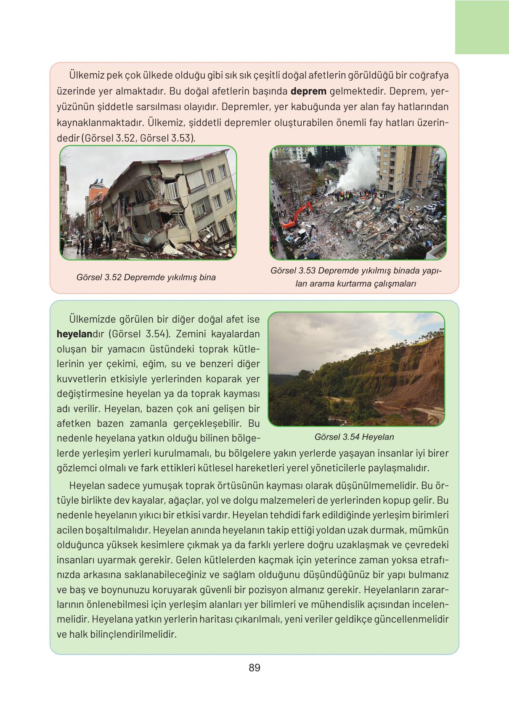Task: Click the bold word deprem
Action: [x=308, y=92]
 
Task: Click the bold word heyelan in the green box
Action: [x=74, y=335]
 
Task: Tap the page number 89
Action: [x=254, y=668]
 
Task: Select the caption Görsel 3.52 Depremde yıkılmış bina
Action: [x=146, y=277]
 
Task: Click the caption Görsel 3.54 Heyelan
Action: [x=354, y=437]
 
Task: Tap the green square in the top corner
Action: [x=482, y=27]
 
